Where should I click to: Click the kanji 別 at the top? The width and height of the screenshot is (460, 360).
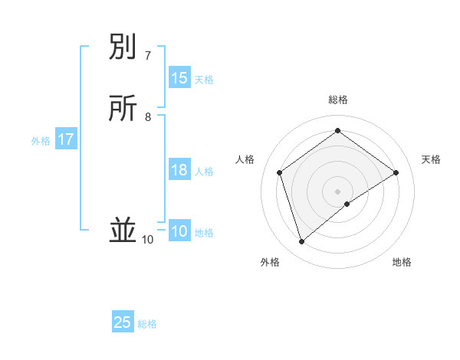123,48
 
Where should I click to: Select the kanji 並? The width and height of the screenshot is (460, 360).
123,231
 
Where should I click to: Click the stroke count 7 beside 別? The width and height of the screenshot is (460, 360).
147,56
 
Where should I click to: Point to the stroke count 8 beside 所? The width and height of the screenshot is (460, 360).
148,117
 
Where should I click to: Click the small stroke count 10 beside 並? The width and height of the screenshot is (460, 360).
147,240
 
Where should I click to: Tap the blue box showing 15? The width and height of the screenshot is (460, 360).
179,78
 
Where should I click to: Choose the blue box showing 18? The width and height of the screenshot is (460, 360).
179,170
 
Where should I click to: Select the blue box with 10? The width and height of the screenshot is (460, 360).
179,231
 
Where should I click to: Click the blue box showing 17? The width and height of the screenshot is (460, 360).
66,139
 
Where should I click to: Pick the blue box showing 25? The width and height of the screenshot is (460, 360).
123,322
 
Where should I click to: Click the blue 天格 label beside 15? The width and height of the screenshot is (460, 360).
204,80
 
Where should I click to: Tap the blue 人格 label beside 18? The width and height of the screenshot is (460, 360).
204,172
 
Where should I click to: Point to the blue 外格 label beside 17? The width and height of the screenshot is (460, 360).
41,141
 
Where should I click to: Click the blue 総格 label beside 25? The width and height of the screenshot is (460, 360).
147,324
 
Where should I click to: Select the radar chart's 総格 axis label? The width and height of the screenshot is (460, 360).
338,100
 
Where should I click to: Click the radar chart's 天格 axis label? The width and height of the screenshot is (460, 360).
432,159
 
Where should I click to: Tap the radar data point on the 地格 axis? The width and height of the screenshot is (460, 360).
347,204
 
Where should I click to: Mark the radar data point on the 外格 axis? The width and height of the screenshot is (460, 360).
301,242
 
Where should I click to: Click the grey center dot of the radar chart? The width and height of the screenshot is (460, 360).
338,191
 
